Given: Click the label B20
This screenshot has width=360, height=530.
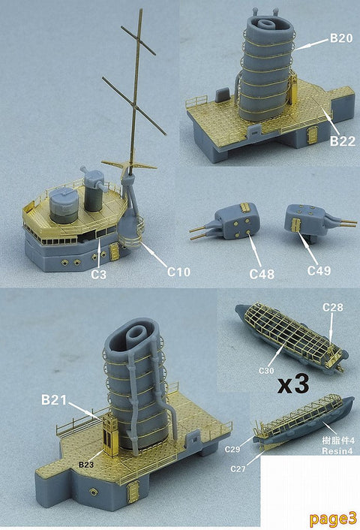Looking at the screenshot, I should pyautogui.click(x=342, y=36).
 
